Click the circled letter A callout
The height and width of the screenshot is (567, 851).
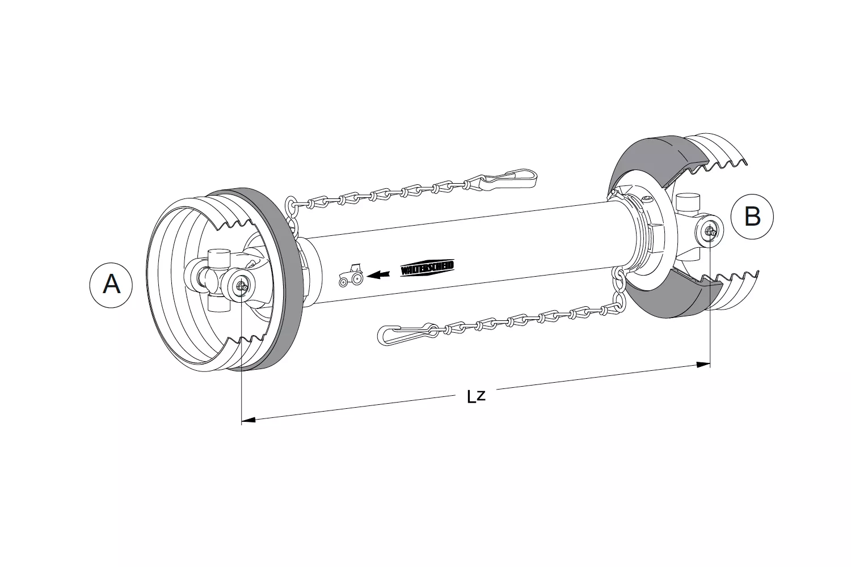111,284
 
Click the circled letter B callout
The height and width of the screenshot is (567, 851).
752,217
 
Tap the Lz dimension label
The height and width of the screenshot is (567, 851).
476,396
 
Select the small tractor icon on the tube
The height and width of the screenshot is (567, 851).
351,274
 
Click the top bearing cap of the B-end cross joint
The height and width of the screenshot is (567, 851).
686,201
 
